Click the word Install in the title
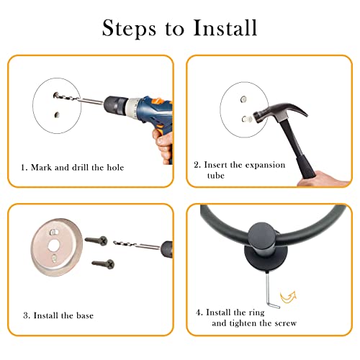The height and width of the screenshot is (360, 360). (225, 28)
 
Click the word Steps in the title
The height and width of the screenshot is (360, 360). (129, 28)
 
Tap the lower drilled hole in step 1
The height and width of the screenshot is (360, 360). (57, 115)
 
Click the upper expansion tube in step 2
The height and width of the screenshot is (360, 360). (243, 99)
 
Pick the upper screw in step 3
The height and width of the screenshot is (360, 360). (96, 240)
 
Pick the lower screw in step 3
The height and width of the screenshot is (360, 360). (103, 264)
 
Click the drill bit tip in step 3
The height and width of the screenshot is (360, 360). (114, 243)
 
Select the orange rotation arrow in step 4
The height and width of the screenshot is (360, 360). (288, 297)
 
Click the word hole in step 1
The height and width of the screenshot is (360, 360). (115, 167)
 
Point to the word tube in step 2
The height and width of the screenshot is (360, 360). (216, 176)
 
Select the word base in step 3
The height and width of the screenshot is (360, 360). (85, 315)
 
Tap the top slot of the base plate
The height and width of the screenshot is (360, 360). (53, 232)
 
